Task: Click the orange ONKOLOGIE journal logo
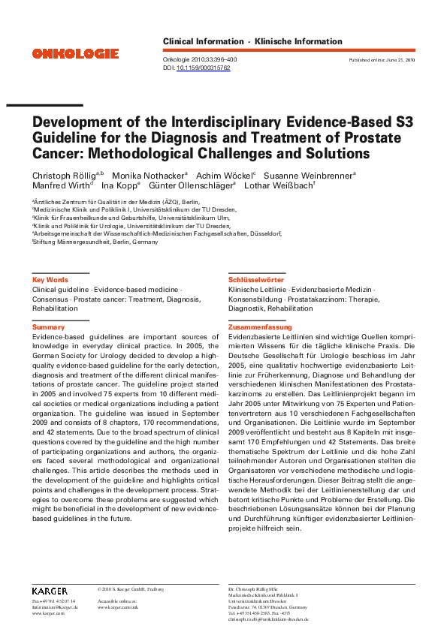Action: [x=75, y=53]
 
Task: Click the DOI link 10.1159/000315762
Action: [x=203, y=67]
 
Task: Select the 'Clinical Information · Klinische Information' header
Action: [x=252, y=42]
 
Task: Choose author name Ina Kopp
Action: [x=118, y=185]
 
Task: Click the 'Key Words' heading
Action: [x=50, y=279]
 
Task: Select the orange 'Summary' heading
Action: [x=48, y=327]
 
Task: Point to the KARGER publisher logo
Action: [x=50, y=591]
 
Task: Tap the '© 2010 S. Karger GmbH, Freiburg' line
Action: [x=131, y=588]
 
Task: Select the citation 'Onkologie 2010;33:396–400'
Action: [x=200, y=59]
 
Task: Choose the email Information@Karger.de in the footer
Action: [x=54, y=606]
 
